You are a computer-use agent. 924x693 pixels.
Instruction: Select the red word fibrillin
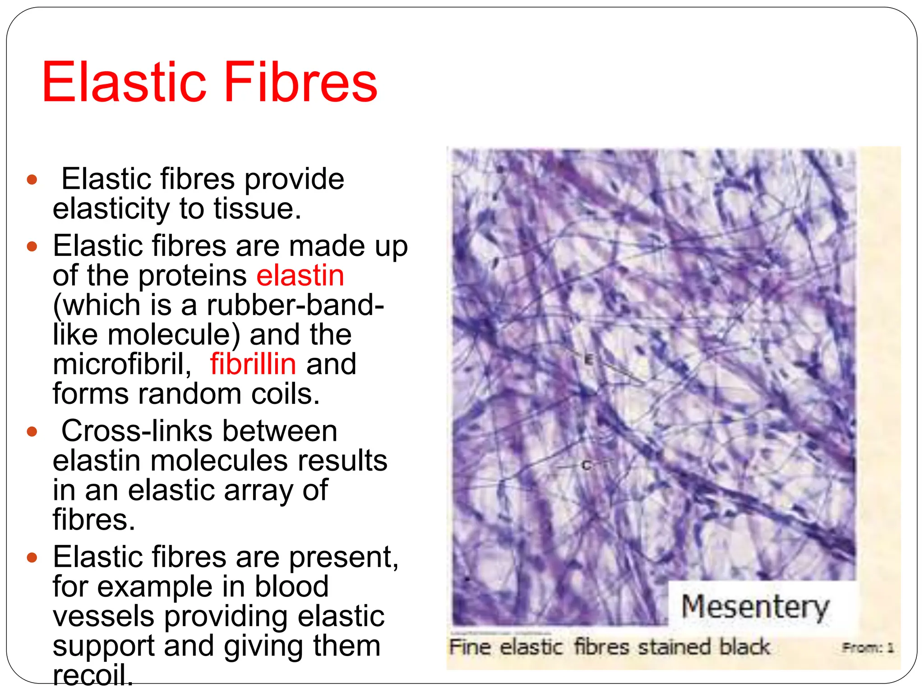click(253, 364)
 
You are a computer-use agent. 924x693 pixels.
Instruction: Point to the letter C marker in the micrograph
click(586, 465)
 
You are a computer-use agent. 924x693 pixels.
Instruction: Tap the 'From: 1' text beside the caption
click(868, 648)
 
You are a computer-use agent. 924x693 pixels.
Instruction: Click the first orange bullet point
click(32, 180)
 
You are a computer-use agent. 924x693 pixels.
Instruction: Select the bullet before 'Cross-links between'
click(32, 432)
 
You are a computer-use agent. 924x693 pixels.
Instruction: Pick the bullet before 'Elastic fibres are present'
click(32, 558)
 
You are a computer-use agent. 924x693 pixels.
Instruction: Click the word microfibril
click(122, 364)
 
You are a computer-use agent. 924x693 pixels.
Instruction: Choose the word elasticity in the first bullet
click(111, 209)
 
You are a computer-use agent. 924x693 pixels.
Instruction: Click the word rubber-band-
click(295, 305)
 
